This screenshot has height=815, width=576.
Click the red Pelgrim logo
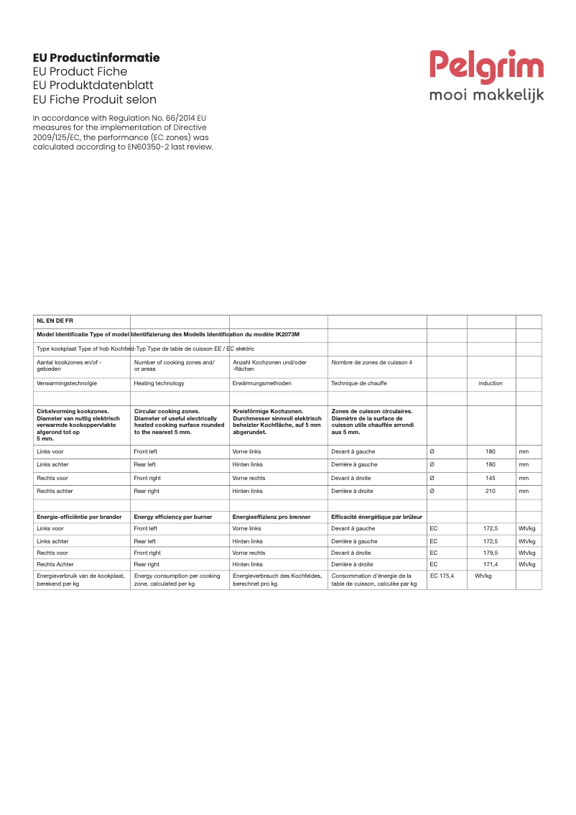(x=486, y=66)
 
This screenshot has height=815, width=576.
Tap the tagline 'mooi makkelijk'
(x=486, y=95)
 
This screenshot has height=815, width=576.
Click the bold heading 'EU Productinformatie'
(x=96, y=57)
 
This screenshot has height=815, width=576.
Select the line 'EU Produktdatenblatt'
(x=93, y=86)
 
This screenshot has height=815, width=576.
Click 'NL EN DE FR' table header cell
(x=55, y=321)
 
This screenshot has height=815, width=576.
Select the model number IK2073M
(x=287, y=334)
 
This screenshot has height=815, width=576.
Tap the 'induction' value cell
(x=491, y=383)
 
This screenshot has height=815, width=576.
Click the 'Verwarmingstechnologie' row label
(x=67, y=383)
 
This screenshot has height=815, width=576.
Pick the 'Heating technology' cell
(x=159, y=383)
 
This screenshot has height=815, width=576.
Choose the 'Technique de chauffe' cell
(x=359, y=383)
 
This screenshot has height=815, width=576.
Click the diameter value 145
(x=491, y=478)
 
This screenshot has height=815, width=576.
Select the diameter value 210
(x=491, y=491)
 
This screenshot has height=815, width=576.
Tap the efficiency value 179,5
(x=491, y=553)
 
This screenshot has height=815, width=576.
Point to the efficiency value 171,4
(x=491, y=564)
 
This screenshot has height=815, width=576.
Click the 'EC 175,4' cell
(x=442, y=576)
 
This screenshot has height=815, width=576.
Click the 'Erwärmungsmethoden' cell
(x=261, y=383)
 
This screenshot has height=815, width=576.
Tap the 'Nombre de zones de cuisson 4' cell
(x=371, y=362)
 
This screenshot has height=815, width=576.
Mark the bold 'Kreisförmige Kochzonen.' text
(x=267, y=412)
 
